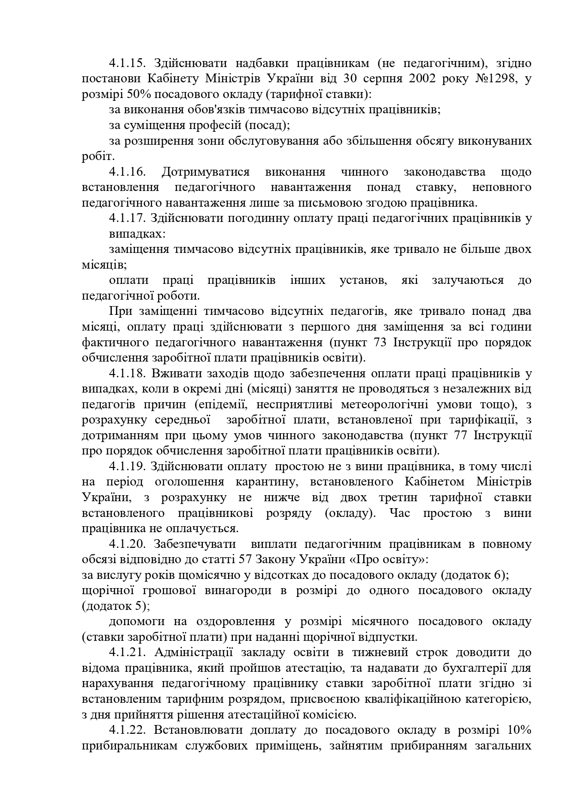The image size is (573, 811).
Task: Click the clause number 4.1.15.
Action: coord(128,63)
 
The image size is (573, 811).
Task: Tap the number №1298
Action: coord(496,78)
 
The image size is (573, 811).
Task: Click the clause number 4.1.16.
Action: coord(128,172)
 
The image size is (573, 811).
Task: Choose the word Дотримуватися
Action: coord(206,172)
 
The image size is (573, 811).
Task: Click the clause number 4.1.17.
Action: coord(128,218)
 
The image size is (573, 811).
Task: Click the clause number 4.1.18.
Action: coord(128,374)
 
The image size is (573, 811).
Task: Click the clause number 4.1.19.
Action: coord(128,467)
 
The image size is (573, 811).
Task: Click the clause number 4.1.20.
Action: coord(128,544)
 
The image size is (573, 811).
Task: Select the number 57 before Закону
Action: coord(244,559)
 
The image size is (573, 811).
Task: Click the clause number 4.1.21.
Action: coord(128,652)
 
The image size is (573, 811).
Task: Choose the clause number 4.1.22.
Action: coord(128,730)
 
